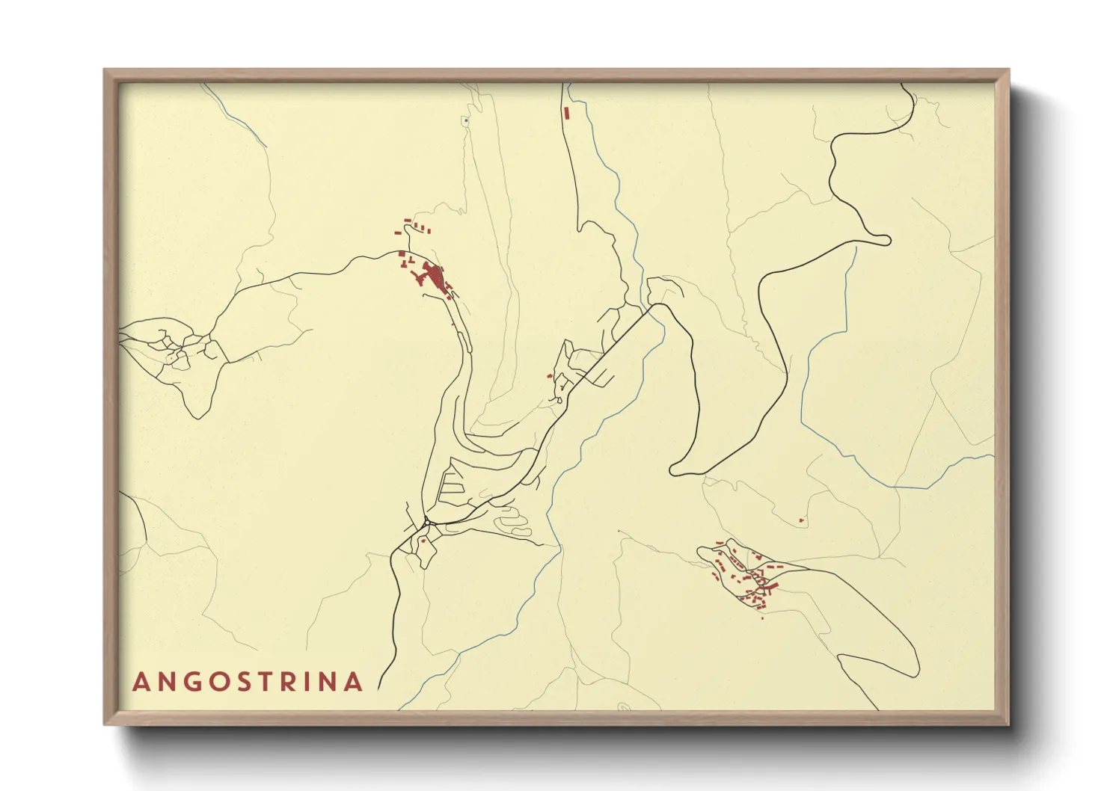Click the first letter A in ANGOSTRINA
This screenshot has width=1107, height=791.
[x=140, y=682]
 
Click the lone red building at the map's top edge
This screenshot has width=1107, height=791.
[x=568, y=114]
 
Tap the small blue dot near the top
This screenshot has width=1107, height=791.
[x=465, y=120]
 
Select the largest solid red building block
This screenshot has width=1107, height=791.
[x=434, y=276]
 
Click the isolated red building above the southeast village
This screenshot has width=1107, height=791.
[x=801, y=520]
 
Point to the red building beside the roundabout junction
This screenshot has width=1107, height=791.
[x=423, y=539]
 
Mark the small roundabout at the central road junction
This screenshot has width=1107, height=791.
[x=425, y=520]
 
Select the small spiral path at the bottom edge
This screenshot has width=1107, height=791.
[x=622, y=706]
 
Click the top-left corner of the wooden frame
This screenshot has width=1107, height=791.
[x=105, y=70]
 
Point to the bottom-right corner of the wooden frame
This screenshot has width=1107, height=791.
[x=1008, y=724]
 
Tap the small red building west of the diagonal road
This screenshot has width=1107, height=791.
[x=551, y=376]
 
